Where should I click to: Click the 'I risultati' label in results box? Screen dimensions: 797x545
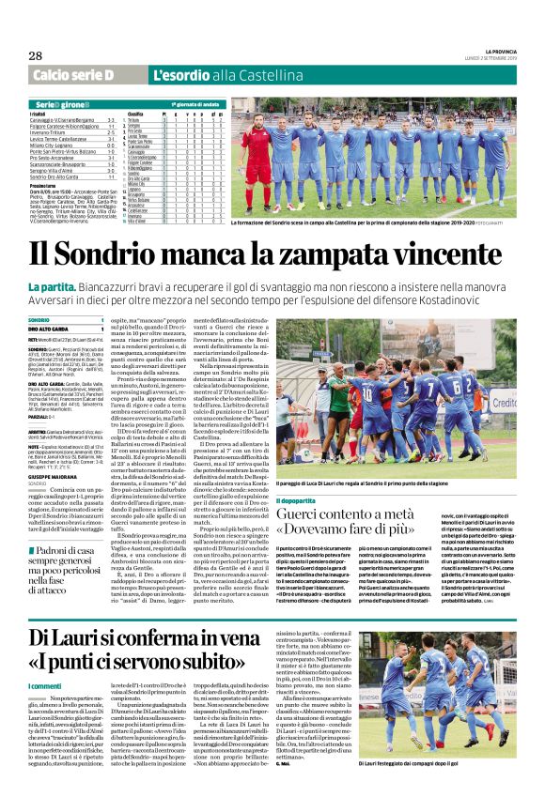coord(42,114)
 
